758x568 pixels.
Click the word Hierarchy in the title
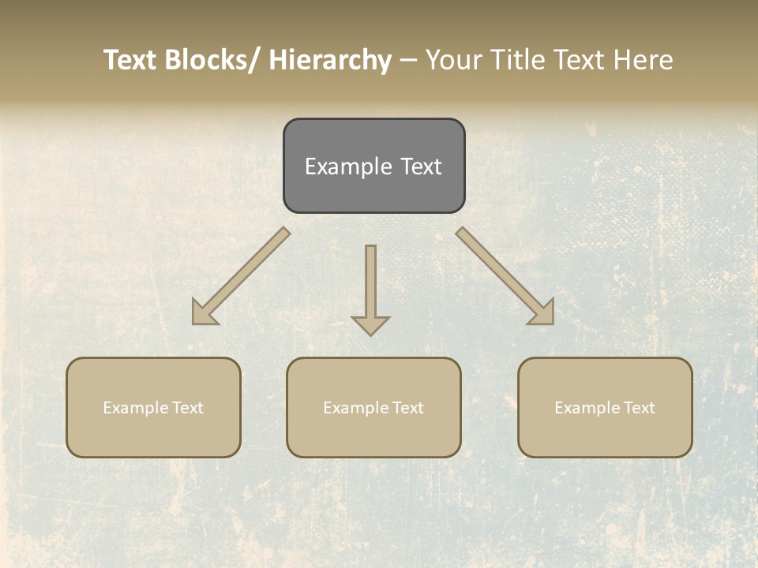330,60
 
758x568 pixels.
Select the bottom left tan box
153,438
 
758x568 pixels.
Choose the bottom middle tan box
373,438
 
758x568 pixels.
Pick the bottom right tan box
605,438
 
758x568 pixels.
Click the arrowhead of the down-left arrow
203,314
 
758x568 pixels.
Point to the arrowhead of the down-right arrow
542,313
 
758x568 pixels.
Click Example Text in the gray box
373,166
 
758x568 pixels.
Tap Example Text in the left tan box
153,408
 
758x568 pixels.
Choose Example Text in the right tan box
605,408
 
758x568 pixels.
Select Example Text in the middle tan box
373,408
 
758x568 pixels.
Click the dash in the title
408,61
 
